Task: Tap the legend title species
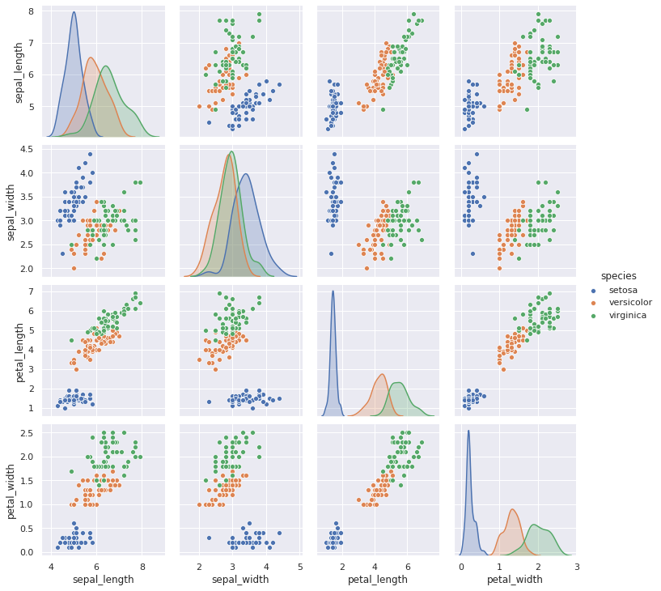(619, 276)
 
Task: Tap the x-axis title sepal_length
(103, 580)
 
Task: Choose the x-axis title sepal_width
(240, 580)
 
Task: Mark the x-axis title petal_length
(377, 580)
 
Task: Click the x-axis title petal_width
(515, 580)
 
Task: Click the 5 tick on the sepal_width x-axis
(300, 566)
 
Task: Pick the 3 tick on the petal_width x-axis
(577, 566)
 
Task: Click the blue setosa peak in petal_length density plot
(333, 291)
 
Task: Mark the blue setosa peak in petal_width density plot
(468, 431)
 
